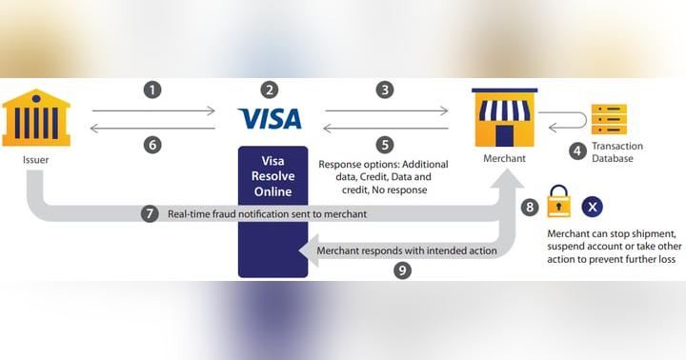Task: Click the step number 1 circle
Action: click(x=153, y=90)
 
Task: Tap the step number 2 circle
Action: click(x=271, y=90)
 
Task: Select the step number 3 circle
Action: click(x=385, y=90)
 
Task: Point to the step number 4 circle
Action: click(x=576, y=150)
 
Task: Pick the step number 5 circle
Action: click(x=385, y=145)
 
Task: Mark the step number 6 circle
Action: click(x=153, y=145)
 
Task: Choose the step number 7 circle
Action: click(x=150, y=214)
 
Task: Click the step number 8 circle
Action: click(x=530, y=207)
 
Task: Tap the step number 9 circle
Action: click(x=403, y=270)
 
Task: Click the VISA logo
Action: click(x=271, y=118)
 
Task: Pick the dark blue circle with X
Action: click(x=593, y=206)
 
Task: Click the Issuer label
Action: click(x=36, y=160)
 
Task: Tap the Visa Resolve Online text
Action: click(x=272, y=178)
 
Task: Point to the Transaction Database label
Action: click(x=617, y=152)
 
